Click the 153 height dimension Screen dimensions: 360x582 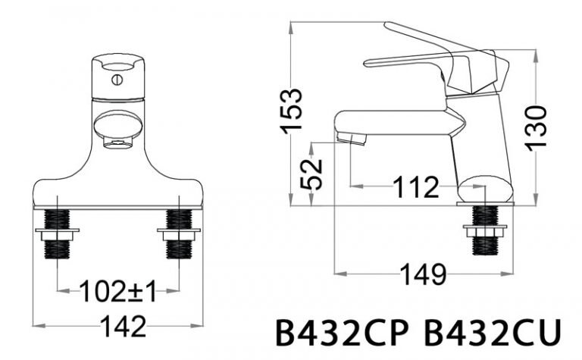coord(292,111)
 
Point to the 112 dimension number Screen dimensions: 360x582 coord(415,186)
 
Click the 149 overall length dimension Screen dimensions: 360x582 coord(421,275)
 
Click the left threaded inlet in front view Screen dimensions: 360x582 coord(57,233)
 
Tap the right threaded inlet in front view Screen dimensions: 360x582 coord(180,233)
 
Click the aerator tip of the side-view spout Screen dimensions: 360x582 coord(352,138)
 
